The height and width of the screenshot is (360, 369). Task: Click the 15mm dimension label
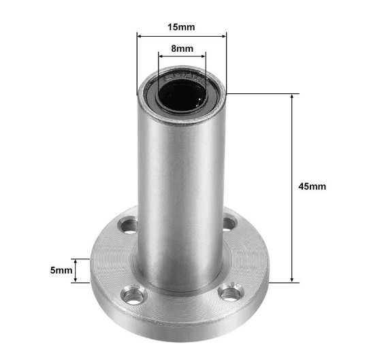181,27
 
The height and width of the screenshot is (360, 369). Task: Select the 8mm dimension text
182,48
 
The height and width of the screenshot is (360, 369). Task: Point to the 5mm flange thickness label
61,270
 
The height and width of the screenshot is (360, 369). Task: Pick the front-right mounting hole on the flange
231,293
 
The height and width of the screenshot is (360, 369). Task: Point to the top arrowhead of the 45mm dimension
293,96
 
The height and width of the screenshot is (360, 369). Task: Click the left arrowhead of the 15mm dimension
140,35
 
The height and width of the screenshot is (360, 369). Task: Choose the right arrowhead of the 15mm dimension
224,35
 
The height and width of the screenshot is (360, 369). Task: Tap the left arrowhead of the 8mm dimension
161,56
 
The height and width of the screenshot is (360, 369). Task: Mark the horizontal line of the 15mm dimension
182,35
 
